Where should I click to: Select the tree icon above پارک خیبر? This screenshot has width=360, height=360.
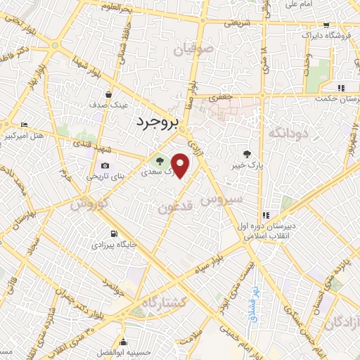pyautogui.click(x=247, y=155)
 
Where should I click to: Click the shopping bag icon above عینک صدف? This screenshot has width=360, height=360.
pyautogui.click(x=108, y=93)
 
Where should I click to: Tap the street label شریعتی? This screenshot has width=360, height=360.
pyautogui.click(x=237, y=22)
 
